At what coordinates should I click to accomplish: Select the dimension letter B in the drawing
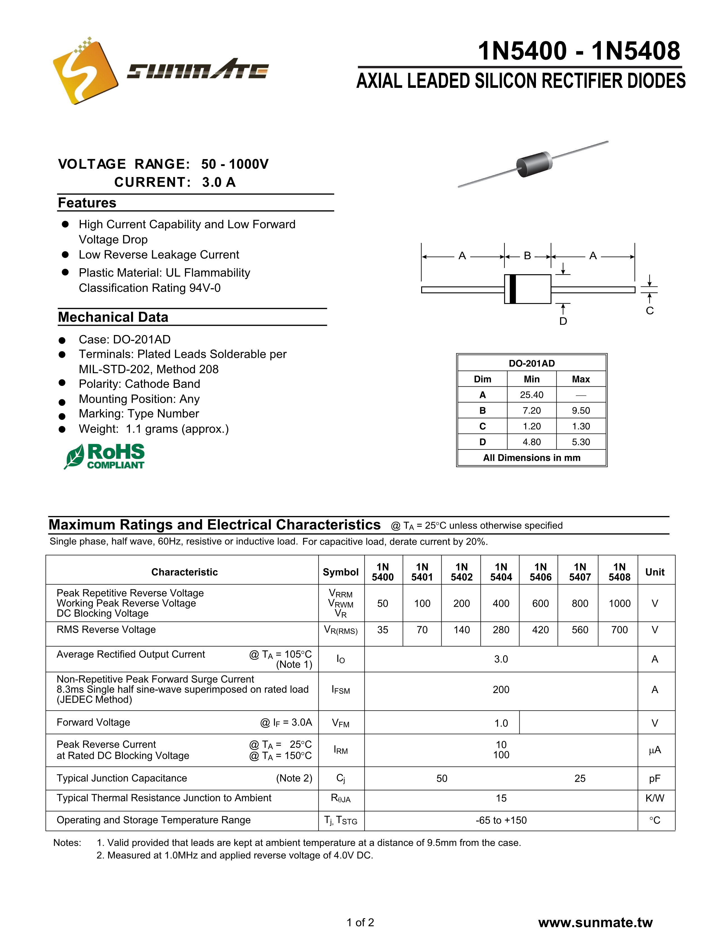point(528,256)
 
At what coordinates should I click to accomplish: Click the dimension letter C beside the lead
point(650,311)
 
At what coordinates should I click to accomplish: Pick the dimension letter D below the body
point(563,321)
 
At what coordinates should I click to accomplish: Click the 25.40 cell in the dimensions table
point(531,395)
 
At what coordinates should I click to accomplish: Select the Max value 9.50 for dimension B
point(581,411)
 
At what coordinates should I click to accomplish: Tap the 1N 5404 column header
point(501,572)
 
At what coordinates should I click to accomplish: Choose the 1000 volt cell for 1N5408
point(619,603)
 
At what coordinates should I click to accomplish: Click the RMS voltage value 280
point(501,630)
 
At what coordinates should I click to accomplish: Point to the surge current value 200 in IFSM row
point(501,690)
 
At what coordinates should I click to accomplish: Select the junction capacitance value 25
point(580,778)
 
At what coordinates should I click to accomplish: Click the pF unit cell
point(655,778)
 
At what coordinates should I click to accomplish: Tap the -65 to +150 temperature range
point(501,820)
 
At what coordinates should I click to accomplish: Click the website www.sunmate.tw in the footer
point(595,922)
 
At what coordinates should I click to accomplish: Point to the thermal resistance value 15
point(501,798)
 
